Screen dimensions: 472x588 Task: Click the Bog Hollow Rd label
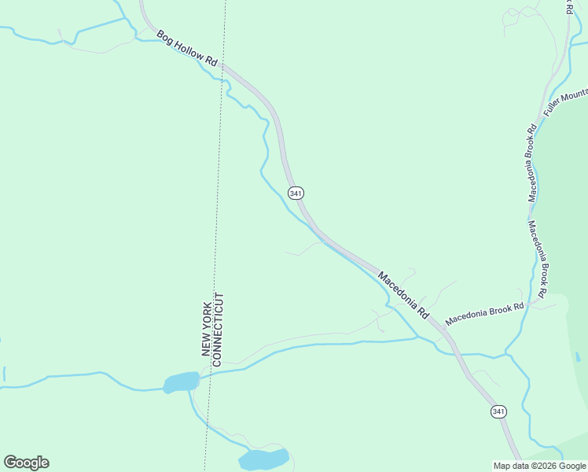coord(186,49)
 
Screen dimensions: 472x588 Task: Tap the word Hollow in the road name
coord(189,50)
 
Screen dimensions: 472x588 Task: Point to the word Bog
coord(164,36)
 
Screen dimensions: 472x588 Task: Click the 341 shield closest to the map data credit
coord(498,411)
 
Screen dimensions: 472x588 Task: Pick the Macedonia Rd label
coord(403,294)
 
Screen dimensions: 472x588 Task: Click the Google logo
coord(26,463)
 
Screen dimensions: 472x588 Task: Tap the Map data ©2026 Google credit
coord(539,466)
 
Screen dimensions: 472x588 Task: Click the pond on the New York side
coord(182,382)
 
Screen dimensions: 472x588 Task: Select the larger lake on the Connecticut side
coord(264,459)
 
